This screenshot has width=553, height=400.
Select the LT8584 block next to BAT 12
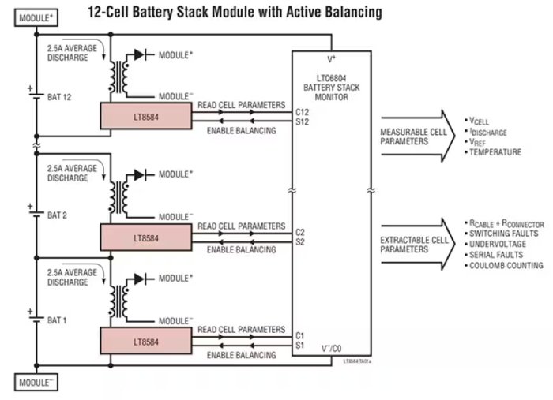click(146, 116)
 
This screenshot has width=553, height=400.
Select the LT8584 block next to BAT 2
click(146, 237)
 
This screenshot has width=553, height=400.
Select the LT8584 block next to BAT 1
click(146, 342)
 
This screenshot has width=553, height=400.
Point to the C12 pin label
click(301, 112)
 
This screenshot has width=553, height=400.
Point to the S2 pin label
click(300, 242)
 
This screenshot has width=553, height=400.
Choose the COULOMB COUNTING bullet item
click(506, 266)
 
